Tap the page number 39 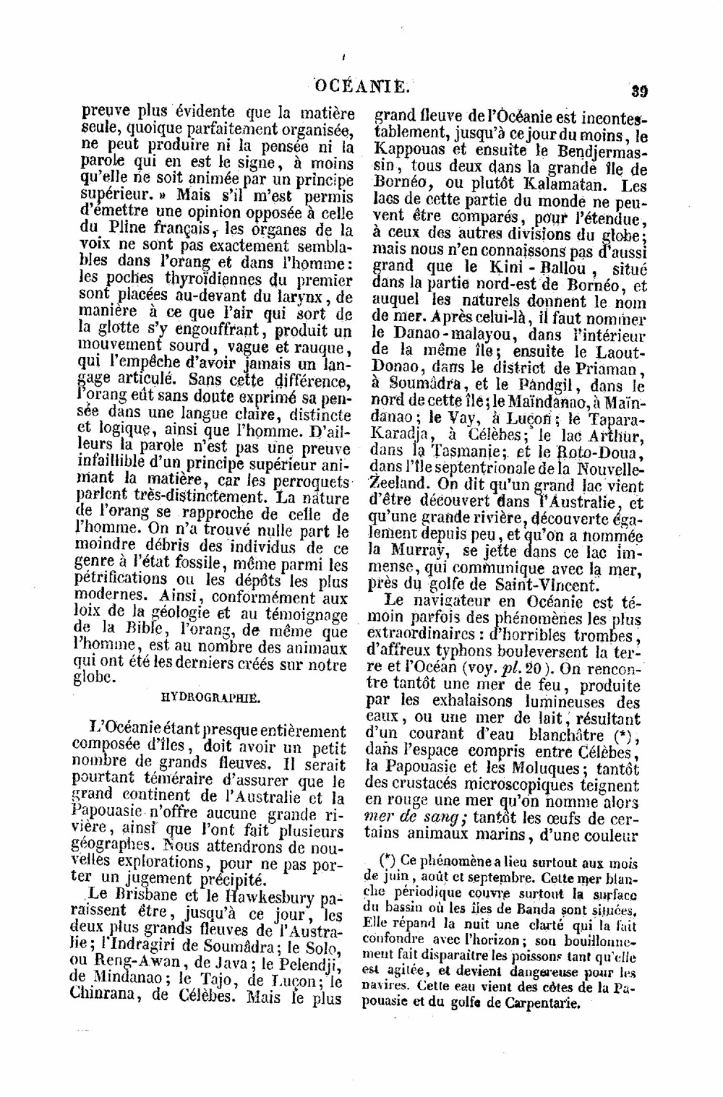point(638,91)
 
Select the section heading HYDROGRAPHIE point(210,698)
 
